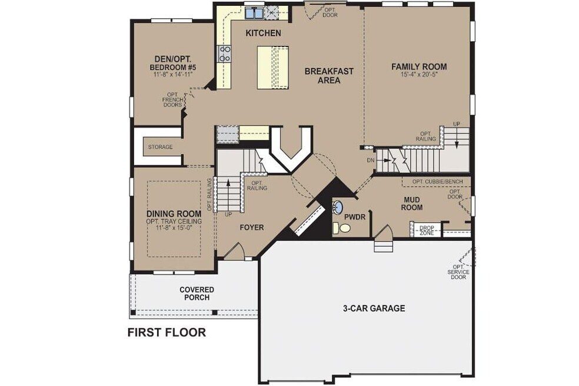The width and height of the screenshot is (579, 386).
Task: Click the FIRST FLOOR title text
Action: (x=167, y=332)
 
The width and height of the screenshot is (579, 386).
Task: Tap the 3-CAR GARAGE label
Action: (x=374, y=308)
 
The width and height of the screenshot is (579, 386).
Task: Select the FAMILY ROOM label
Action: (x=419, y=66)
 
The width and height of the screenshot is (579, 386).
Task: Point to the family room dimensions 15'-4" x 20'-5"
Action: (x=419, y=75)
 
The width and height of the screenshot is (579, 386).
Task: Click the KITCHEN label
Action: (x=263, y=33)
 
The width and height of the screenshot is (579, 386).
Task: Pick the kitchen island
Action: (x=272, y=67)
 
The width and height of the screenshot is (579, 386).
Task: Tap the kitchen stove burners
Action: (x=225, y=54)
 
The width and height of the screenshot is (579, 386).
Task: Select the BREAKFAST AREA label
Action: (x=329, y=76)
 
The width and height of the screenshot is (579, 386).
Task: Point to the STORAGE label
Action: (x=160, y=147)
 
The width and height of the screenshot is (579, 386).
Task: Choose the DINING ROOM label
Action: (x=174, y=213)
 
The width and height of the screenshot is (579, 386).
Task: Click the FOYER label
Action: (x=251, y=227)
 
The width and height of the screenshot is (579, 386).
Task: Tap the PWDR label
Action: (x=359, y=217)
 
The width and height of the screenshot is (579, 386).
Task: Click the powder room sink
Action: (x=338, y=207)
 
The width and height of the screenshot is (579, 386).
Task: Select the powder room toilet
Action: (x=337, y=228)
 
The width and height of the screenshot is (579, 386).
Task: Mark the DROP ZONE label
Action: (x=426, y=231)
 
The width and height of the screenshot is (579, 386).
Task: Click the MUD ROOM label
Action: (x=412, y=203)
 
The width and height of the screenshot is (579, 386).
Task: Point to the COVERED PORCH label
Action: (x=197, y=293)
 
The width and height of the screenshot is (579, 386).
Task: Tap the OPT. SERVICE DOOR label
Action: (x=458, y=271)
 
